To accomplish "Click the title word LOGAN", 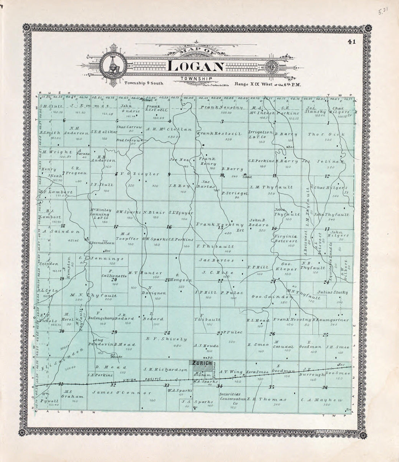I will pos(196,67).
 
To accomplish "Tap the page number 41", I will pos(351,41).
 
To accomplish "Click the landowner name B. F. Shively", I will pos(166,339).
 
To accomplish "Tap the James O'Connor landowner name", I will pos(122,393).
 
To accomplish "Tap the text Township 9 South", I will pos(144,83).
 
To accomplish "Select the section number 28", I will pos(167,333).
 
